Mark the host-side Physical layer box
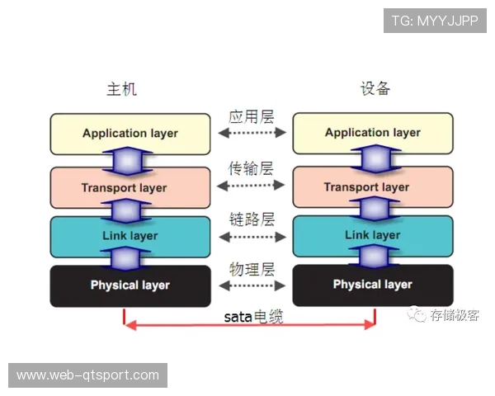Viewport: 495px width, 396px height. click(130, 285)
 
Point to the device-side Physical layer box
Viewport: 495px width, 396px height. click(373, 285)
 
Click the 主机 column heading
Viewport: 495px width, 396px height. click(121, 89)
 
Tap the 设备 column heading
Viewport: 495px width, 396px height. click(375, 89)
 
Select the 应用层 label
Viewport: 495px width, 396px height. click(251, 116)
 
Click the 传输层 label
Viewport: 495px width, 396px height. click(251, 169)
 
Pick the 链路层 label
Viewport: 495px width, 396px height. click(251, 219)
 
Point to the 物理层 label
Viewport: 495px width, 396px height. click(251, 270)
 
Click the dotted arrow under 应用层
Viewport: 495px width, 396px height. click(251, 133)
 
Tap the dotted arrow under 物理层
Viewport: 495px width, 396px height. click(251, 286)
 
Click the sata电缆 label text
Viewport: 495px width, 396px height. click(253, 315)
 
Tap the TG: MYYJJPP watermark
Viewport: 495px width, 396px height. click(435, 21)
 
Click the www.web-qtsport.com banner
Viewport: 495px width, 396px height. click(88, 375)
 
